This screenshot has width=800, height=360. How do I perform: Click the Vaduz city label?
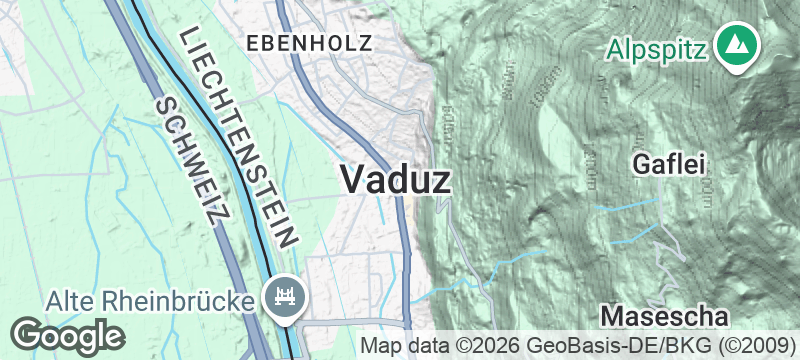tap(396, 179)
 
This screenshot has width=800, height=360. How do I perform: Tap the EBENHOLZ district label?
tap(309, 42)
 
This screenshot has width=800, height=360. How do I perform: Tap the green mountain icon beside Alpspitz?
tap(738, 46)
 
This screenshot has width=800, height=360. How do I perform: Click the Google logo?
tap(67, 335)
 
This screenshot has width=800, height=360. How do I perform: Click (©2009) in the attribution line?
tap(759, 346)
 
